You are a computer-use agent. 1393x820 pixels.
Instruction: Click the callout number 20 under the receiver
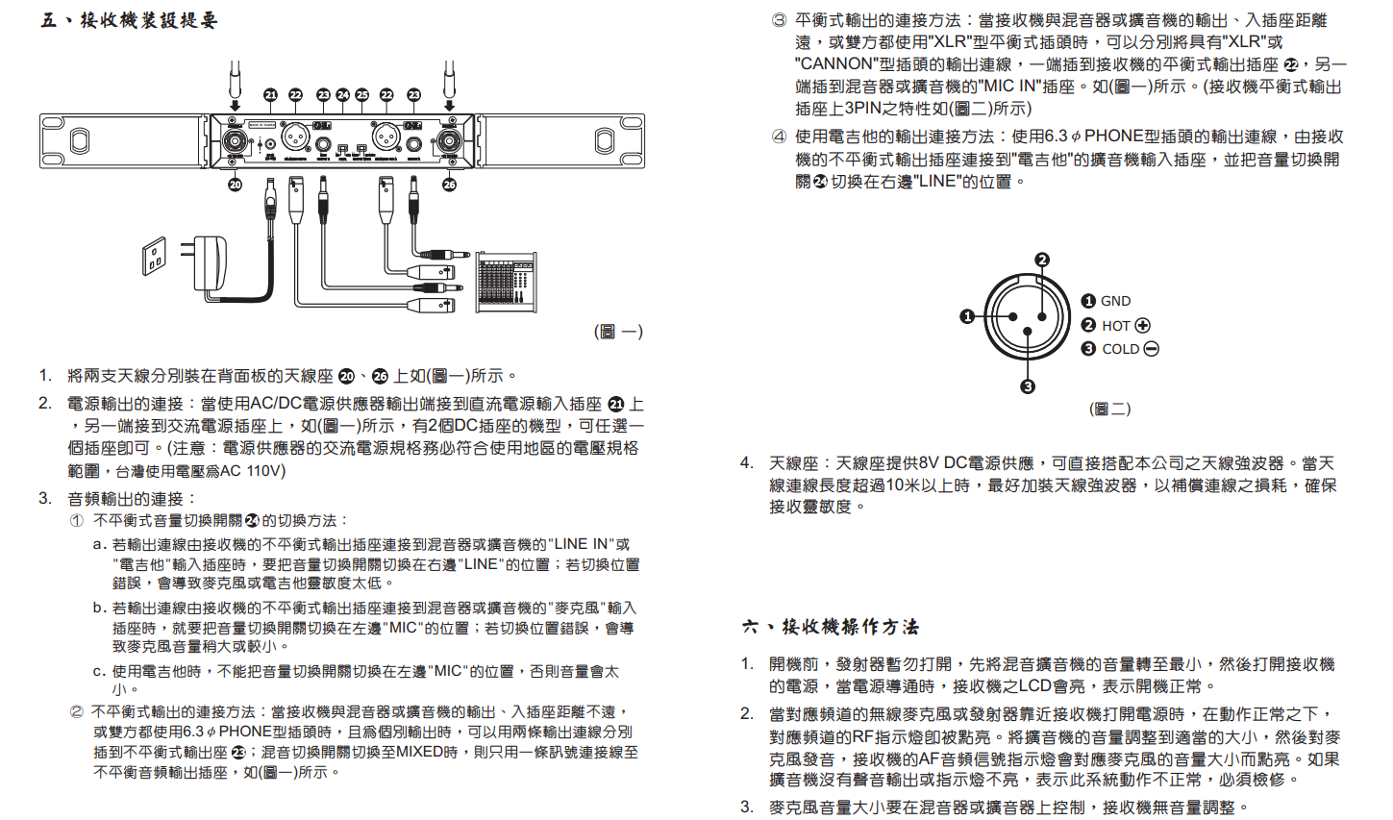236,184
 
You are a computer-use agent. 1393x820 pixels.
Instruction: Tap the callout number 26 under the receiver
449,184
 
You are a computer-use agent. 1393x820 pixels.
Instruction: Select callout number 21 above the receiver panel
271,94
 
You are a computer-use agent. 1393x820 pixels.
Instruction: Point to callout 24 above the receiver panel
343,94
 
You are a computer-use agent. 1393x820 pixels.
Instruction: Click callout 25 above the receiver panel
362,94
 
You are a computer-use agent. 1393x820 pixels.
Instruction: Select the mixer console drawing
507,285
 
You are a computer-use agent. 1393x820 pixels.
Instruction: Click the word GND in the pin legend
1115,301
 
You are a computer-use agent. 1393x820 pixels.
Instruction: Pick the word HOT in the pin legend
1115,326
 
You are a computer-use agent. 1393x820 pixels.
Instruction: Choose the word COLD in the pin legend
1120,349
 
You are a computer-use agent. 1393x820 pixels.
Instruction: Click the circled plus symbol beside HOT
1143,326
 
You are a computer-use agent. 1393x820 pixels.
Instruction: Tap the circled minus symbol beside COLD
1151,349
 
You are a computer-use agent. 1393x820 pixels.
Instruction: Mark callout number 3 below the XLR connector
1028,386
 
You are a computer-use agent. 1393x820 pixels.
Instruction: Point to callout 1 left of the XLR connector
968,316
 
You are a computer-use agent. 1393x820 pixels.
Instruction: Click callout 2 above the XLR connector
1042,260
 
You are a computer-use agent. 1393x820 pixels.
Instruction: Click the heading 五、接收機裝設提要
130,20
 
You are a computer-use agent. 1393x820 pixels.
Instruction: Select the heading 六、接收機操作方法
832,627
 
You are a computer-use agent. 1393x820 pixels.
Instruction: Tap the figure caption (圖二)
1109,409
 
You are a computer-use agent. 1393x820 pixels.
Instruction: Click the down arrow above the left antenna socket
235,105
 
